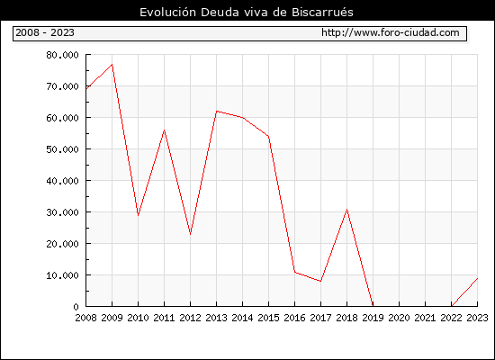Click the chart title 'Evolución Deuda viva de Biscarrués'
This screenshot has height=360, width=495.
(247, 12)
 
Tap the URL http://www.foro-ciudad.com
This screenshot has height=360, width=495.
(391, 32)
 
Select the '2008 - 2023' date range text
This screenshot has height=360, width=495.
(45, 32)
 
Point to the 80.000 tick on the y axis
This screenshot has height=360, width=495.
(62, 55)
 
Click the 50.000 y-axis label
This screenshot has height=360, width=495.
(62, 149)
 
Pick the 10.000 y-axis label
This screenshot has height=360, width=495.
(62, 275)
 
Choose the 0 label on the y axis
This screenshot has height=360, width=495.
(76, 307)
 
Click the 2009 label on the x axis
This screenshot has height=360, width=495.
(112, 318)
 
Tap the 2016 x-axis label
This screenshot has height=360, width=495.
(294, 318)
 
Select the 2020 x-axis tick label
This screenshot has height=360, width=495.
(399, 318)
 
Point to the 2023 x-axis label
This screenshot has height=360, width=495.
(477, 318)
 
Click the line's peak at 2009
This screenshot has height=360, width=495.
(112, 65)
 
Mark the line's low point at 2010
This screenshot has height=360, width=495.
(138, 215)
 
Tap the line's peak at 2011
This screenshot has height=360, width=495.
(164, 130)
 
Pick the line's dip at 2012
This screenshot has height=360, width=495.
(191, 234)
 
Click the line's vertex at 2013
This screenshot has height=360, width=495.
(217, 112)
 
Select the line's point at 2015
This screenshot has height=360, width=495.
(269, 137)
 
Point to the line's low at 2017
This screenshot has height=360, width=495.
(320, 281)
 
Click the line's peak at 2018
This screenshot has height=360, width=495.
(346, 210)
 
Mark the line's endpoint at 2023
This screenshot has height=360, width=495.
(477, 278)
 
